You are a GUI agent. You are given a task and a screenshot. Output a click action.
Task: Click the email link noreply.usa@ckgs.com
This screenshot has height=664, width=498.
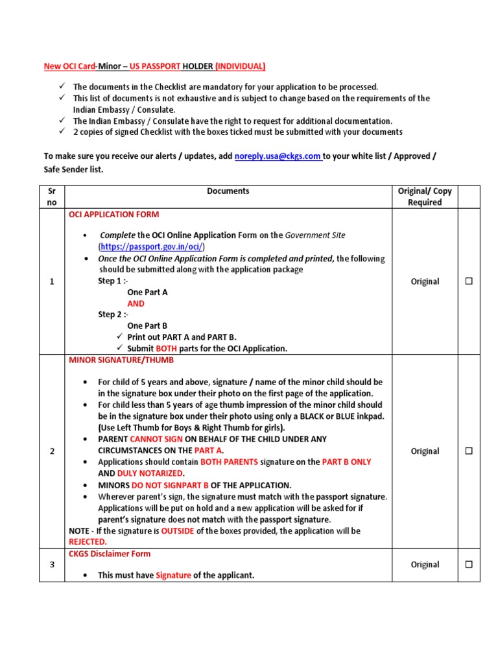coord(278,156)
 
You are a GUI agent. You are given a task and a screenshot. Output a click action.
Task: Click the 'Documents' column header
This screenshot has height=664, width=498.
coord(228,191)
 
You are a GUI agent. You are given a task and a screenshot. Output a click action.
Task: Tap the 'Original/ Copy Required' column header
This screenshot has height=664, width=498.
coord(425,196)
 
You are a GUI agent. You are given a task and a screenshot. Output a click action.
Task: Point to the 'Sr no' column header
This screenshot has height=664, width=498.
coord(52,196)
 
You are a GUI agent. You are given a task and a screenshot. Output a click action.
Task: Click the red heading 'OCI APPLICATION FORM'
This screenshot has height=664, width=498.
coord(113,215)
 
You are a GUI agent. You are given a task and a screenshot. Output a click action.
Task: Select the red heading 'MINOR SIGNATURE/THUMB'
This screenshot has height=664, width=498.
coord(121,360)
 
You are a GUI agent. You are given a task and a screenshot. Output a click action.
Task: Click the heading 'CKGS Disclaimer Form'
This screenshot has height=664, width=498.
coord(110,554)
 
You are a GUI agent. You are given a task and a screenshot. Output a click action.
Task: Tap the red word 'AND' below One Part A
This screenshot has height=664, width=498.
coord(136,303)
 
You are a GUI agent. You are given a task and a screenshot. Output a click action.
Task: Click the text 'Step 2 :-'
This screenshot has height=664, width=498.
coord(113,314)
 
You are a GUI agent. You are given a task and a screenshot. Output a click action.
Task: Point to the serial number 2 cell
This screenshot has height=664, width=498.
coord(52,451)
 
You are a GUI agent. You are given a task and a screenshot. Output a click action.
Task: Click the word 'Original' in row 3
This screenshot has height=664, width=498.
coord(425,565)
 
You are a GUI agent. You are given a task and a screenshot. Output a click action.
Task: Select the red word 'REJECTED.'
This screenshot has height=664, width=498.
coord(88,541)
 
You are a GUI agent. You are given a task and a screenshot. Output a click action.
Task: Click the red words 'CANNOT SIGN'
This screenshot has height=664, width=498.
coord(158,439)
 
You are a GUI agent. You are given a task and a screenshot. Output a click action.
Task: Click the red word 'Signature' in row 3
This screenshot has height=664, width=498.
coord(173,575)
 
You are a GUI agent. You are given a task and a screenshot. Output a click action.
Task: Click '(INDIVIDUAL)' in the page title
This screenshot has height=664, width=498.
coord(240,66)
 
